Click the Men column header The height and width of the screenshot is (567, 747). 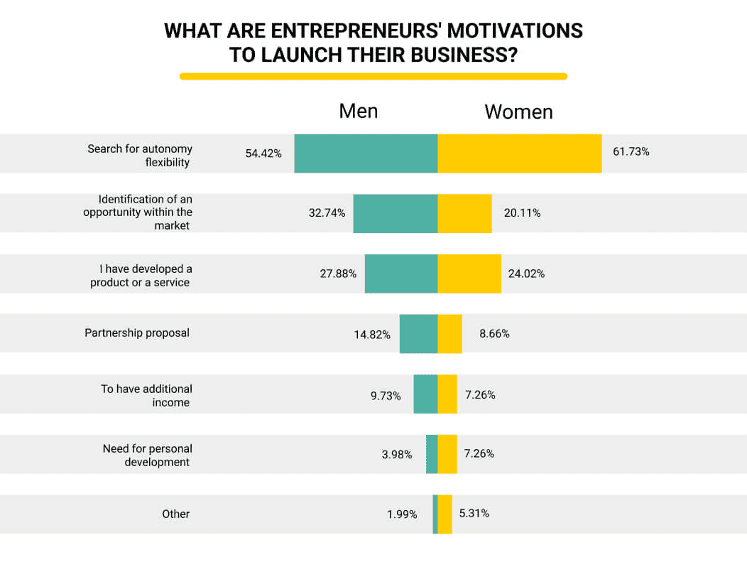(359, 111)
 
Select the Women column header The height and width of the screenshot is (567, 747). (518, 112)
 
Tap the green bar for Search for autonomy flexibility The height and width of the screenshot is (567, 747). (366, 153)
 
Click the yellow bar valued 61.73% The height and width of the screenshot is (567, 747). (519, 153)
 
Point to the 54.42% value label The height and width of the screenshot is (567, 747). (263, 153)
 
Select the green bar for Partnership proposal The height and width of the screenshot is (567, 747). (418, 333)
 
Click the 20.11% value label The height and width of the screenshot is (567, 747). (522, 213)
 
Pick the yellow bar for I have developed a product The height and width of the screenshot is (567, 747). (469, 274)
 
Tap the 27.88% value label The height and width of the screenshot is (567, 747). (338, 274)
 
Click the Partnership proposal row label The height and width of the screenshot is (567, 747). (137, 333)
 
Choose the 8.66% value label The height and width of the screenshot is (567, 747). (494, 333)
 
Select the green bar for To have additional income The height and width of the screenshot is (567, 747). (425, 394)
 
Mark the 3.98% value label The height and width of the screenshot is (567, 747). (397, 454)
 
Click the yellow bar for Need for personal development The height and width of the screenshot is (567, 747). (447, 454)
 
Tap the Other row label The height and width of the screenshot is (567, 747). (175, 514)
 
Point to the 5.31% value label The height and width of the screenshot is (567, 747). (474, 513)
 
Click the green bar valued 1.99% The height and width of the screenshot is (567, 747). (435, 514)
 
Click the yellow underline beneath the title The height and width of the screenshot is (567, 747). (373, 76)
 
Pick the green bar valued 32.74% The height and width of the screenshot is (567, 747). (395, 213)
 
